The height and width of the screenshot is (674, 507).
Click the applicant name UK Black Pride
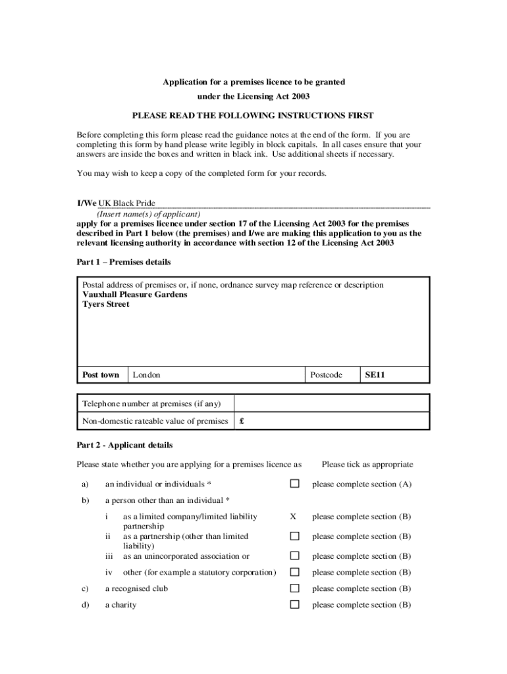click(126, 203)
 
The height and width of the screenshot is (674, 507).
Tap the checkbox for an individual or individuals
click(295, 484)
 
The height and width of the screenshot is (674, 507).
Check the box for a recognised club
click(295, 588)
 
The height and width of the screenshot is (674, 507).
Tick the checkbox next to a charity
click(295, 605)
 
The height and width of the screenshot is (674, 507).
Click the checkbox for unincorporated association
click(295, 556)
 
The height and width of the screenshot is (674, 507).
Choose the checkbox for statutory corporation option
click(295, 573)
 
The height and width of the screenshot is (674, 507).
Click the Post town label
click(101, 375)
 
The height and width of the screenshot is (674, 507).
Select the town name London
click(146, 375)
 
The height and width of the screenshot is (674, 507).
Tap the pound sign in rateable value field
click(242, 421)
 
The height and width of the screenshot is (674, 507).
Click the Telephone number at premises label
click(151, 403)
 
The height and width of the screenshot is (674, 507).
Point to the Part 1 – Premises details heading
click(124, 262)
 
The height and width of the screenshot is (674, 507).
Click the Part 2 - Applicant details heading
click(124, 445)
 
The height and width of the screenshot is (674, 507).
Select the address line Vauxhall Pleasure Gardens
click(134, 295)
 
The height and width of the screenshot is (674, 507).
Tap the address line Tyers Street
click(106, 305)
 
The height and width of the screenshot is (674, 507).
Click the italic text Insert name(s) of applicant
click(149, 214)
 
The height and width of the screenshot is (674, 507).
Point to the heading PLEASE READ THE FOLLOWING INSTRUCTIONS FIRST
click(253, 115)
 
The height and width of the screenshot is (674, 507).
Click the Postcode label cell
click(326, 375)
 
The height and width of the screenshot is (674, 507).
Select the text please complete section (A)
click(361, 484)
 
